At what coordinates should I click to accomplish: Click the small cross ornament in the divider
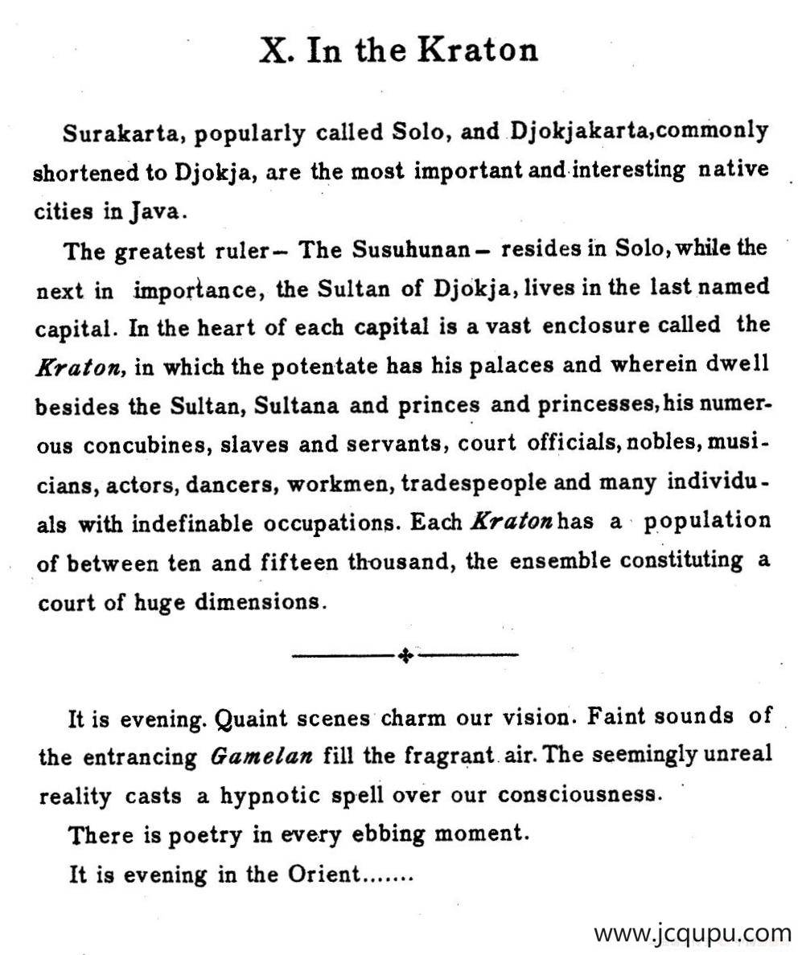[405, 656]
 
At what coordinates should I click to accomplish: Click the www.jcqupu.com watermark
[693, 934]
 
